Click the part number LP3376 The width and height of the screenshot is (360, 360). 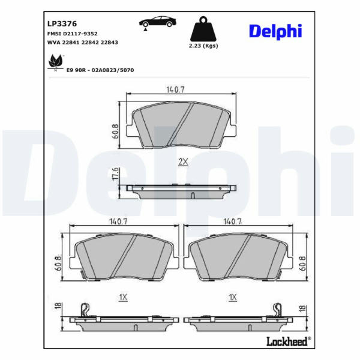(x=62, y=23)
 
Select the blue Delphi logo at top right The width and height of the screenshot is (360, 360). (x=275, y=31)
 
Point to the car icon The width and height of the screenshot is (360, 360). (x=158, y=23)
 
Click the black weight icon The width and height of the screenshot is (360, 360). (x=203, y=29)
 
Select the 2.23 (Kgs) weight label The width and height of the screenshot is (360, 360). (x=203, y=46)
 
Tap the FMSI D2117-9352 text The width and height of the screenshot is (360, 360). (x=73, y=34)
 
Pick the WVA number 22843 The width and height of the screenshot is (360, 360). (x=110, y=43)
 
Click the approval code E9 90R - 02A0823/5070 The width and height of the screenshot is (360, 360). (x=100, y=70)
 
